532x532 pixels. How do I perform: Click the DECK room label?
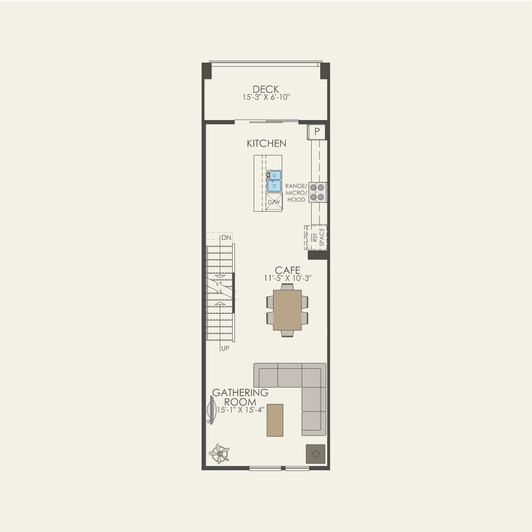coord(266,89)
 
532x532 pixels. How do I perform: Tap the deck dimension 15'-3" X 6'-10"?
coord(266,97)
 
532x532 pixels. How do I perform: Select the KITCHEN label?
coord(266,143)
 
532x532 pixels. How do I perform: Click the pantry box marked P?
coord(317,132)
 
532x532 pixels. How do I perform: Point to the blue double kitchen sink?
coord(274,181)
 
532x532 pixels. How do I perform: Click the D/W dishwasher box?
coord(274,202)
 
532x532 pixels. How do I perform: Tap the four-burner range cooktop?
coord(318,192)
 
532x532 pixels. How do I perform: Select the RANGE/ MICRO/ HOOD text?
coord(296,192)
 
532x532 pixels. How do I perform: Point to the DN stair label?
coord(226,237)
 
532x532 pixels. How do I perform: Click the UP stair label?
coord(225,348)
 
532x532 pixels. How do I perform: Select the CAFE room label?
coord(287,270)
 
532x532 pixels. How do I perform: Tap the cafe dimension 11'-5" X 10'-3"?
coord(287,278)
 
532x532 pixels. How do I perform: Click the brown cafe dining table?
coord(287,310)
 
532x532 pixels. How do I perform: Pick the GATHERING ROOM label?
coord(240,397)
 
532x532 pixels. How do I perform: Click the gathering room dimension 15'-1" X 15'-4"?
coord(240,410)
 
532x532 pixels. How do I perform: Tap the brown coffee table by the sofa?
coord(275,420)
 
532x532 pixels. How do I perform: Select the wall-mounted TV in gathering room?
coord(210,409)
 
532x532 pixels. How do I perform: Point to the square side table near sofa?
coord(316,454)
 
